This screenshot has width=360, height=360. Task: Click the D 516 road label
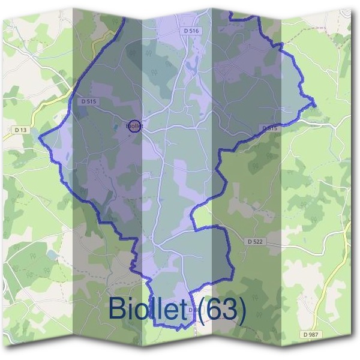[191, 30]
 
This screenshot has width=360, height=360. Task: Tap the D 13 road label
[20, 130]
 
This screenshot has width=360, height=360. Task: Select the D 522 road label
[256, 241]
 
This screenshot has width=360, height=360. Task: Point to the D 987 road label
[310, 333]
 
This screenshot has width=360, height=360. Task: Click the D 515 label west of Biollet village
[88, 102]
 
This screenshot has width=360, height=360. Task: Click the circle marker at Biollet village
[135, 126]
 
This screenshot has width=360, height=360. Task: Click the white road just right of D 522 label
[282, 241]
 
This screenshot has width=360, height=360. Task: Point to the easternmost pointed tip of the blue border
[315, 106]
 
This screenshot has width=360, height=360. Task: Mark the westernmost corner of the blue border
[40, 139]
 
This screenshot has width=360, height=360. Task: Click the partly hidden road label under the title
[191, 310]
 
